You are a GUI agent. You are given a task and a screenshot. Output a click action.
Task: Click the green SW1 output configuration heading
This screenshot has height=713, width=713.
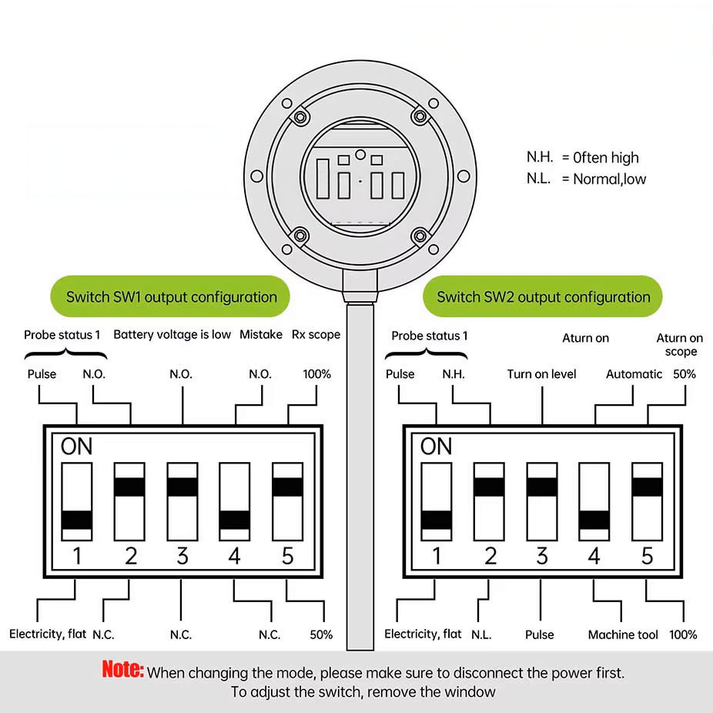tap(170, 296)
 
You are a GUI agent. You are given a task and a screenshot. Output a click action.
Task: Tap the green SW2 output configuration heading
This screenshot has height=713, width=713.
tap(543, 296)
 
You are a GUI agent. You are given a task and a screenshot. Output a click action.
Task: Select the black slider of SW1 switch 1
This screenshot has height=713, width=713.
tap(77, 520)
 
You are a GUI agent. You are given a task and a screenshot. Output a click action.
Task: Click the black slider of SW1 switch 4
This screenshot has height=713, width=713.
tap(235, 520)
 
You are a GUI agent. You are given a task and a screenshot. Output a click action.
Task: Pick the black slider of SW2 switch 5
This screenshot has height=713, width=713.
tap(647, 487)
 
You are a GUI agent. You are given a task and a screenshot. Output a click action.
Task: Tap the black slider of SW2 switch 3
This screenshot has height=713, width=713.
tap(542, 487)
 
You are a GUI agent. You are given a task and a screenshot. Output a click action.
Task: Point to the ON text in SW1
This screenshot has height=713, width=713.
tap(76, 446)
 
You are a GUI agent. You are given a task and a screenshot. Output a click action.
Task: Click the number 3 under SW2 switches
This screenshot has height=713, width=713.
tap(542, 556)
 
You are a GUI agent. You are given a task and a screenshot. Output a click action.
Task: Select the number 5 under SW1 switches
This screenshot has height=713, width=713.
tap(287, 556)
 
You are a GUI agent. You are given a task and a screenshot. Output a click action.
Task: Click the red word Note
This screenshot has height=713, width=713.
tap(122, 669)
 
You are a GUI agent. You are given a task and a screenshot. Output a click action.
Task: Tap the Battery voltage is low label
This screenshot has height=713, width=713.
tap(172, 335)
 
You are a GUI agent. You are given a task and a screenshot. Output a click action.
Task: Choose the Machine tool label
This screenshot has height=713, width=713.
tap(623, 634)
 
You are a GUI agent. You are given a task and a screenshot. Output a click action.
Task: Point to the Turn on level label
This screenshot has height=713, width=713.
tap(541, 373)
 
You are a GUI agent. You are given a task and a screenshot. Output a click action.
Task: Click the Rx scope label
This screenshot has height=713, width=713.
tap(316, 335)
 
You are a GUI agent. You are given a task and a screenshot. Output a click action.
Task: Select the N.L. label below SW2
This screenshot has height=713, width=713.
tap(481, 634)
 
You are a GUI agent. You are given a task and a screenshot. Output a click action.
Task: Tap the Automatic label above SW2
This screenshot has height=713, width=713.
tap(634, 373)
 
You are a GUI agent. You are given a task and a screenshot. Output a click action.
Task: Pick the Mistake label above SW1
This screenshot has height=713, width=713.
tap(261, 334)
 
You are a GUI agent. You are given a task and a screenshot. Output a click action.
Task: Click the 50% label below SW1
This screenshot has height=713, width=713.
tap(321, 634)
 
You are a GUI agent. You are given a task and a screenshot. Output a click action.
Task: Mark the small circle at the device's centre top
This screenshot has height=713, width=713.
tap(360, 155)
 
